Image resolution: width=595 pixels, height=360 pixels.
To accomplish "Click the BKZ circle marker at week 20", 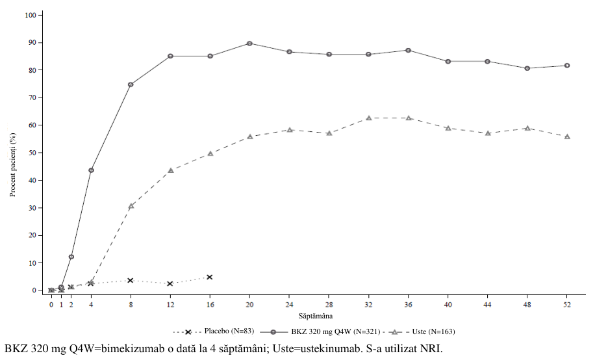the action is (x=249, y=44).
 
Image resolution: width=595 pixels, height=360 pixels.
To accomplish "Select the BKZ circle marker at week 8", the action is (x=131, y=84).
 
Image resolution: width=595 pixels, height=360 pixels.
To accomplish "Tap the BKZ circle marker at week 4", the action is (x=91, y=170).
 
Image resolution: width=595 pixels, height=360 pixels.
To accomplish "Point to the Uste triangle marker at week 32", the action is (x=368, y=118).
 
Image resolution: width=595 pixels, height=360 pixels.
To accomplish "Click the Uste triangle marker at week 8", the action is (x=131, y=206).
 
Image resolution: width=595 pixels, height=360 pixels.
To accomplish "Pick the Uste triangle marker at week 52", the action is (x=567, y=136).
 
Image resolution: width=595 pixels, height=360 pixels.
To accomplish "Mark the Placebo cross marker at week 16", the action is (x=209, y=277).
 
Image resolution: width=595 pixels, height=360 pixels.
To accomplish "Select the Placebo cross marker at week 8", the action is (x=131, y=280).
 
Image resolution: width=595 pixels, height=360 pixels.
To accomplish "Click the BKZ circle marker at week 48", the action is (x=527, y=68).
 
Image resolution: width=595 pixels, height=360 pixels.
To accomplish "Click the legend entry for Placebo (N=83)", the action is (x=214, y=331).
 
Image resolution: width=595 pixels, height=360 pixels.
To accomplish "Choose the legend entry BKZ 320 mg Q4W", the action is (x=320, y=331).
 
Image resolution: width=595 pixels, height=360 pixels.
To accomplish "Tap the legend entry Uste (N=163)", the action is (x=422, y=331).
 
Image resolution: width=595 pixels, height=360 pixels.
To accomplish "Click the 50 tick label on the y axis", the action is (x=31, y=153).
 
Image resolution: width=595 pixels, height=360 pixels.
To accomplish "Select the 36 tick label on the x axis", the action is (x=409, y=305).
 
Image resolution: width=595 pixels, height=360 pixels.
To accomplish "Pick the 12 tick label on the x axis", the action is (x=170, y=305).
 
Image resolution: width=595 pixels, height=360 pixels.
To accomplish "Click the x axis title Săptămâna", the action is (x=315, y=316).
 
